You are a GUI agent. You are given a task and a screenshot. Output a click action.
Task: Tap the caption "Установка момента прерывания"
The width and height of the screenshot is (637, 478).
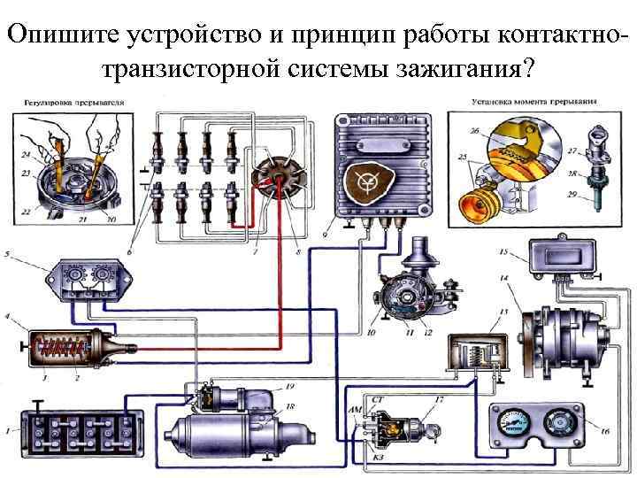point(522,101)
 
